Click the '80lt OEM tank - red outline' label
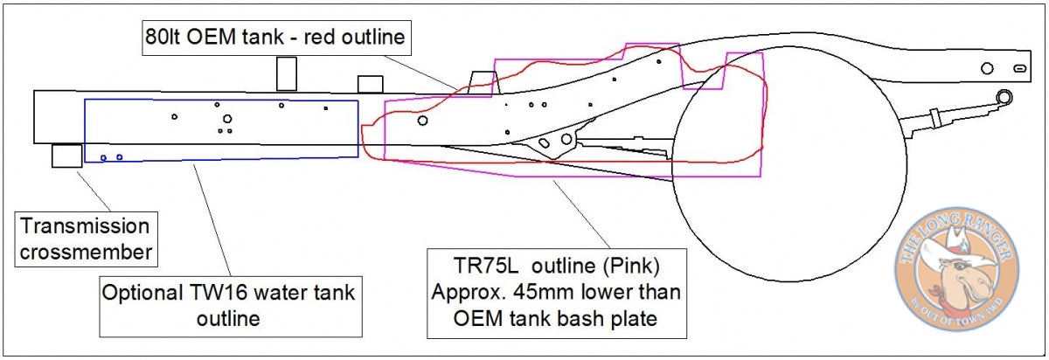[276, 38]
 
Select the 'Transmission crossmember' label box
[87, 239]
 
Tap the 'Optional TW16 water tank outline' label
[231, 306]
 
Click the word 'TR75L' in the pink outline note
[486, 266]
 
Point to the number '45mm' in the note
[543, 292]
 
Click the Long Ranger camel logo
[956, 269]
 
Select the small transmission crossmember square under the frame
[67, 156]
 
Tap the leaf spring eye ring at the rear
[1004, 97]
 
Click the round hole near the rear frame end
[987, 68]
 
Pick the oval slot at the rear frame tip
[1020, 69]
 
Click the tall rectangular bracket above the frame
[287, 74]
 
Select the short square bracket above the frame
[371, 84]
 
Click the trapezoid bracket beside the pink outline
[483, 83]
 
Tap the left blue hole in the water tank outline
[103, 158]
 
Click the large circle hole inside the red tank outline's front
[422, 121]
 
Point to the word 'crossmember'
[87, 253]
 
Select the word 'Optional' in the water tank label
[142, 293]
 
